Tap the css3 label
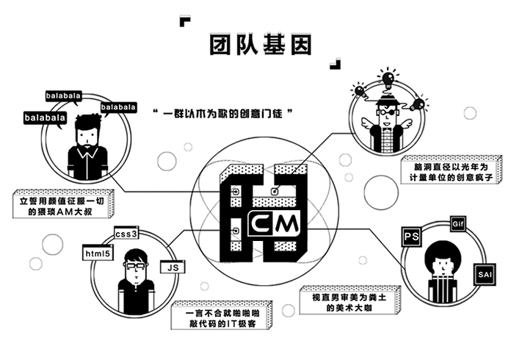(126, 234)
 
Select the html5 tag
(98, 254)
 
